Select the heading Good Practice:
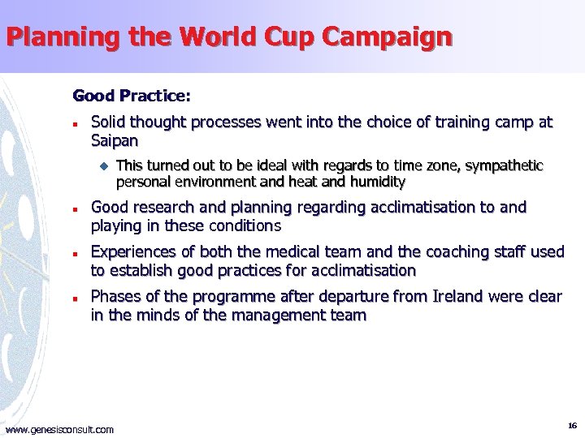click(x=132, y=96)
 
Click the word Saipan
click(x=115, y=141)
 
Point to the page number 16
click(x=572, y=425)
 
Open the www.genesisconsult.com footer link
click(x=59, y=429)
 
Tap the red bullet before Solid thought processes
click(x=75, y=125)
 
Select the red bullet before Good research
click(x=75, y=209)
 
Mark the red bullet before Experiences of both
click(x=75, y=254)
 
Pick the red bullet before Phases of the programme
click(x=75, y=298)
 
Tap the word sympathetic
click(x=504, y=166)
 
